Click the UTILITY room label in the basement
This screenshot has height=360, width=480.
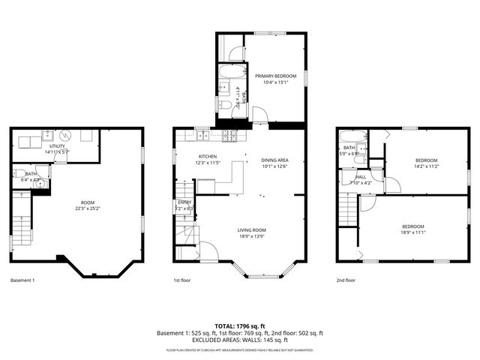point(57,147)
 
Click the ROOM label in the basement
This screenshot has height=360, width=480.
point(88,202)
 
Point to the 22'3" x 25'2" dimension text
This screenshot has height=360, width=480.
point(88,208)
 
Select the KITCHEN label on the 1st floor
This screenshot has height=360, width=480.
point(186,156)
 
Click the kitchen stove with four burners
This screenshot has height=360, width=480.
point(230,136)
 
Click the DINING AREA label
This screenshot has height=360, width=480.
point(274,160)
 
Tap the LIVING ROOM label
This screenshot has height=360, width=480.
point(252,230)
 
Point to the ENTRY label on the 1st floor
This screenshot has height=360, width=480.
point(184,202)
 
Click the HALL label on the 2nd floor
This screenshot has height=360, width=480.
point(361,177)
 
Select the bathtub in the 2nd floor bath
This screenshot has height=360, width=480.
point(350,138)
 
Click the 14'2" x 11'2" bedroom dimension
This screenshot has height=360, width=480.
point(426,166)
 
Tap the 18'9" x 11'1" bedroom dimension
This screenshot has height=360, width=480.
point(412,232)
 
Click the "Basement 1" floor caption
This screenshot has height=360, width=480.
point(22,280)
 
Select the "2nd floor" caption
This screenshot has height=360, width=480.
point(346,280)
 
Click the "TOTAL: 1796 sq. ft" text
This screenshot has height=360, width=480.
point(239,326)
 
